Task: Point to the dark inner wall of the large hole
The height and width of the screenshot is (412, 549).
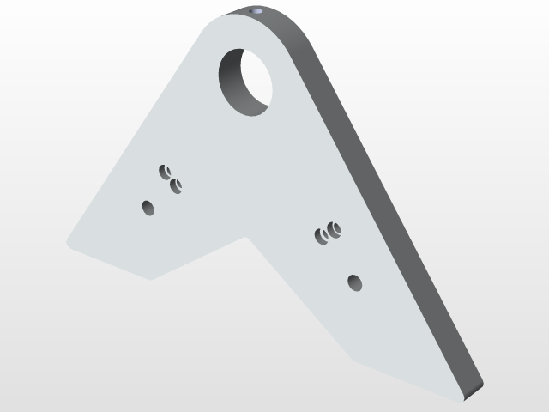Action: pyautogui.click(x=232, y=86)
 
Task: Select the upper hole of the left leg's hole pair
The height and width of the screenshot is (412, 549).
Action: pyautogui.click(x=166, y=171)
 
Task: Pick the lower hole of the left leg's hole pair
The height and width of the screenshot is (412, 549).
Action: pyautogui.click(x=177, y=185)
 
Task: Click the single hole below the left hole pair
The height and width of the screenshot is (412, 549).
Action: pyautogui.click(x=148, y=207)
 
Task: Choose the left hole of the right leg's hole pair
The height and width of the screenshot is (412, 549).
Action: pyautogui.click(x=323, y=235)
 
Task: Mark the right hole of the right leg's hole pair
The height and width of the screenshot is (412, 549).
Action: pyautogui.click(x=334, y=229)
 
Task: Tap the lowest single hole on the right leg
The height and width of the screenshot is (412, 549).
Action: pyautogui.click(x=354, y=282)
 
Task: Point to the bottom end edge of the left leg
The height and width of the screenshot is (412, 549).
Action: pyautogui.click(x=112, y=263)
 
